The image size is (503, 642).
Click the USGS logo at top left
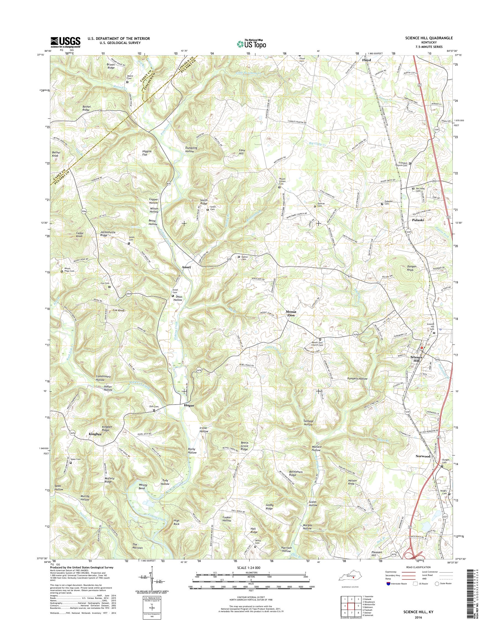click(x=66, y=42)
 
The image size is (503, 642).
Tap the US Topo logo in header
click(x=251, y=44)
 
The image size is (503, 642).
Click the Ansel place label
click(x=186, y=267)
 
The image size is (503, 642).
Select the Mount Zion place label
click(x=291, y=314)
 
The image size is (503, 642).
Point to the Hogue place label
click(x=189, y=405)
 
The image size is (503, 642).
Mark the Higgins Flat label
click(x=147, y=153)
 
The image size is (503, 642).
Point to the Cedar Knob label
click(x=80, y=235)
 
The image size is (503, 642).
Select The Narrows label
click(x=138, y=546)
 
